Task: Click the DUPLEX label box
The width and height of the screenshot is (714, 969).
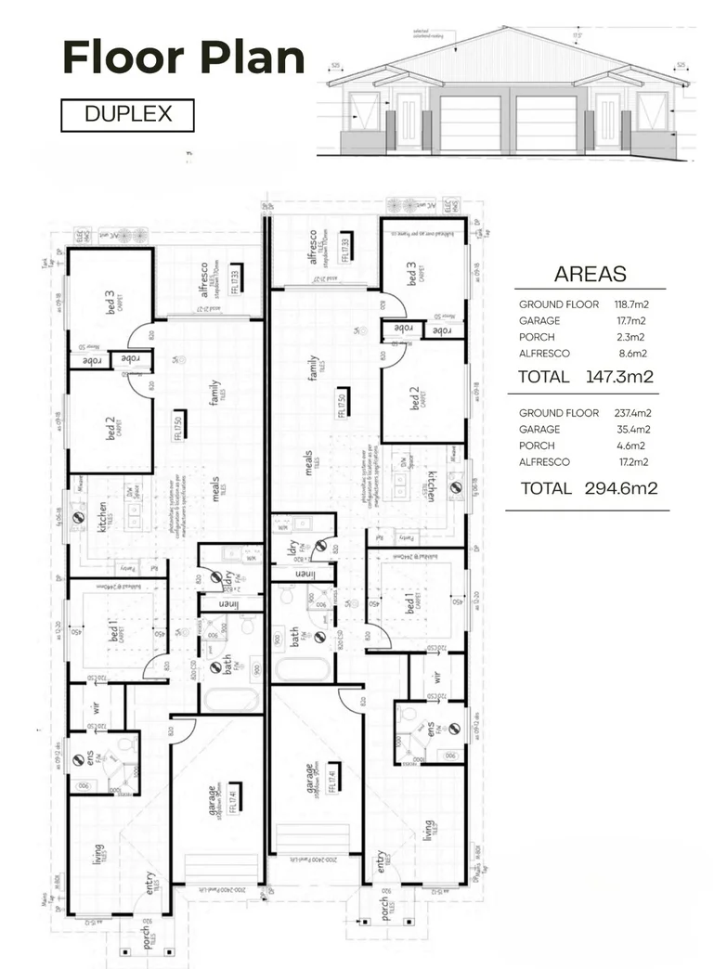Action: [127, 115]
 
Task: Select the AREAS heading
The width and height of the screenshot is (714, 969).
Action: [590, 274]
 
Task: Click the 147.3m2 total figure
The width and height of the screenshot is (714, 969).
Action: [619, 377]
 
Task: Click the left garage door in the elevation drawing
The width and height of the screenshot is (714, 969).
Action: [471, 123]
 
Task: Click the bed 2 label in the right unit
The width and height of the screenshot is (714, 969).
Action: [415, 398]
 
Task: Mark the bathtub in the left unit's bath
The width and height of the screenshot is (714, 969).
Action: [231, 700]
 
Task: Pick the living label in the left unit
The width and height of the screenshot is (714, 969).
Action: [98, 853]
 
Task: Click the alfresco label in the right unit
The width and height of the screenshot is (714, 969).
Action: [313, 247]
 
